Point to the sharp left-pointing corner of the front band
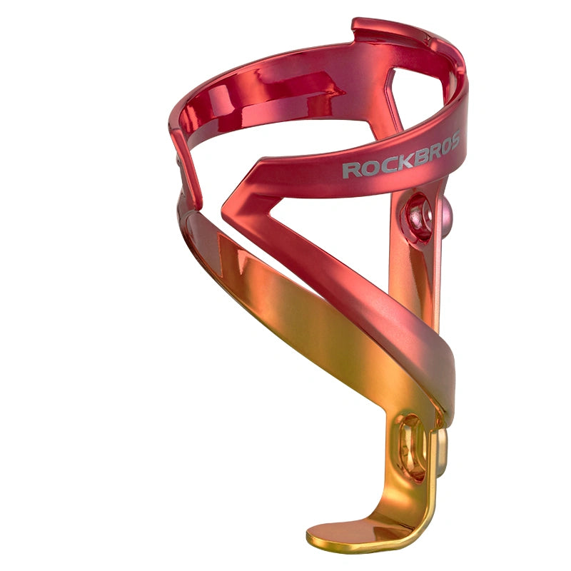pos(227,207)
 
